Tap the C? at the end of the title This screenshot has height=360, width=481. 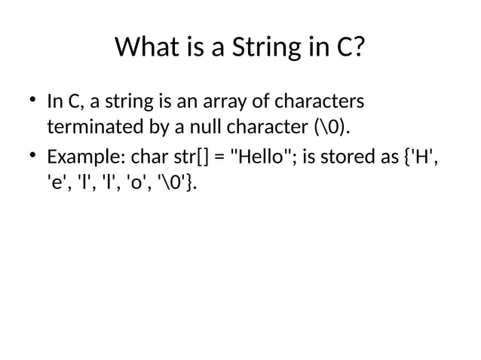[x=348, y=50]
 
